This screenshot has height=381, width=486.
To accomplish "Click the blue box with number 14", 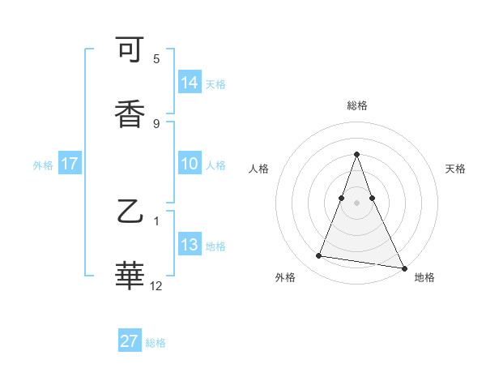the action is [190, 83].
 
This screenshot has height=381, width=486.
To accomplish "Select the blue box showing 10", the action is [190, 164].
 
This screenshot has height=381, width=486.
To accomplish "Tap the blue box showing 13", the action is [190, 245].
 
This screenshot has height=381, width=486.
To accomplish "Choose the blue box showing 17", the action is [70, 164].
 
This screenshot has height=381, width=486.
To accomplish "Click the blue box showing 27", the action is [130, 341].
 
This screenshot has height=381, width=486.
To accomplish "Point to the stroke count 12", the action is [156, 286].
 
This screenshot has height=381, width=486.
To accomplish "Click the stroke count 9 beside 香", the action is [156, 123].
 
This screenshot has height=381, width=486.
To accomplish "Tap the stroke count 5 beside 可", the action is [156, 59].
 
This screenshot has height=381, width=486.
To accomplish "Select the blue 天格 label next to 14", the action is [215, 84].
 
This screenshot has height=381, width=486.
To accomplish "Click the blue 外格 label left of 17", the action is [43, 165].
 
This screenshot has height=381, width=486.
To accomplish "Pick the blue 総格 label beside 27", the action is [156, 343].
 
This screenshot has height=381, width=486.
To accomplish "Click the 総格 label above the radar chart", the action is [356, 105].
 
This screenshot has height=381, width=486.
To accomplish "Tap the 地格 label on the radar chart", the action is [424, 277].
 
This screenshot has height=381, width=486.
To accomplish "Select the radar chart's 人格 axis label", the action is [258, 169].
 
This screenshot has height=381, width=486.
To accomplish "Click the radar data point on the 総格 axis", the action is [356, 154].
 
